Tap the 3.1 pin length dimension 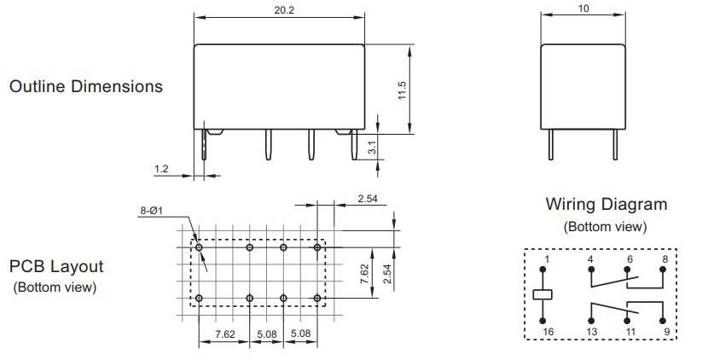coord(373,148)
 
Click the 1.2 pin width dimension coord(162,169)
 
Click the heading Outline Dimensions coord(85,87)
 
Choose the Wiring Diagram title coord(606,205)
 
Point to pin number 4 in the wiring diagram coord(590,258)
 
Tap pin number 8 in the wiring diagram coord(664,258)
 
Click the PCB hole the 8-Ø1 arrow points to coord(199,247)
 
